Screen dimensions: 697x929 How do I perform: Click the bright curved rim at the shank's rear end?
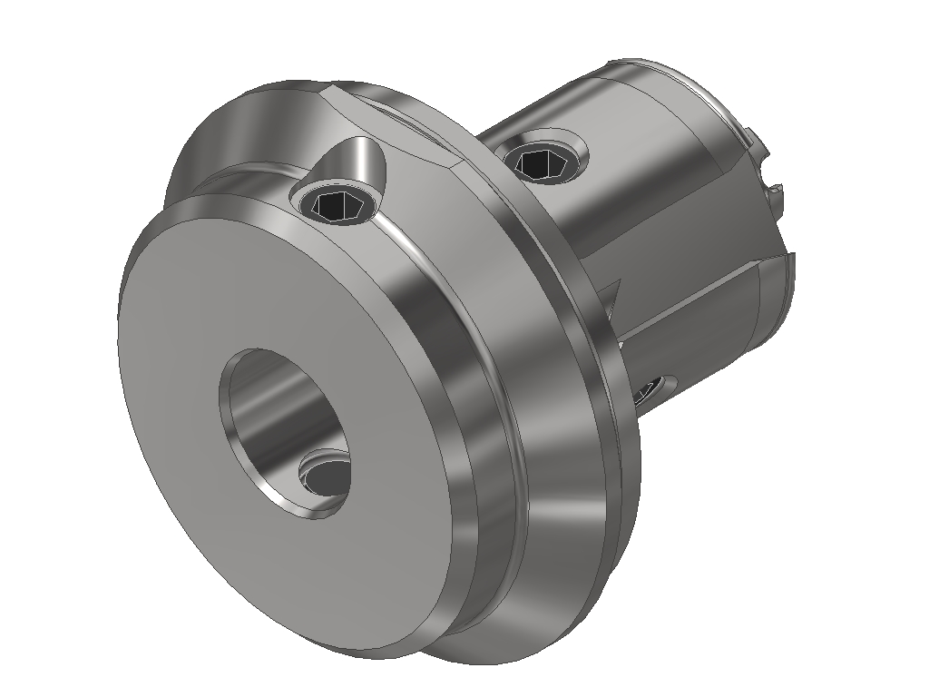coord(717,100)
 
